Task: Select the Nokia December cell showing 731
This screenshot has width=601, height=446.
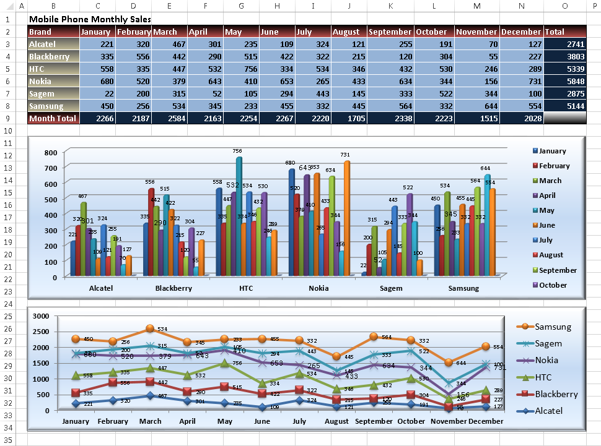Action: coord(522,81)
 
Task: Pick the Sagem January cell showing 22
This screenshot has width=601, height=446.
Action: coord(97,93)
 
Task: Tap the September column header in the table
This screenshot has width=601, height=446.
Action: coord(390,32)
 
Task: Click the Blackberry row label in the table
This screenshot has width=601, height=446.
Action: coord(53,56)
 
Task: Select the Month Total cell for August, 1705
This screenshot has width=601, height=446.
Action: coord(348,118)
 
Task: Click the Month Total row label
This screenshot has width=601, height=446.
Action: coord(53,118)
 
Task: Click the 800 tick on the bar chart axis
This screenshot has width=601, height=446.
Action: coord(51,152)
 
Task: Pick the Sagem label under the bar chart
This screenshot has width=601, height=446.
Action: coord(391,288)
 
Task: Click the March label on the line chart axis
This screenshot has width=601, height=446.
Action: coord(150,421)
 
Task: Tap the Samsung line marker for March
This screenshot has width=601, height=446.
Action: coord(150,328)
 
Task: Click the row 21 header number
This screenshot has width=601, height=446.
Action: coord(9,267)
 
